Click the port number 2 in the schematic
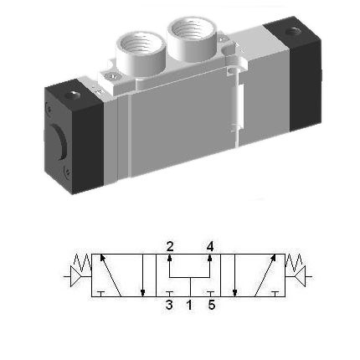(x=170, y=245)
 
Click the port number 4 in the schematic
(x=210, y=245)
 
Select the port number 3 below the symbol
(x=169, y=306)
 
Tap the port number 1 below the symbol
(x=189, y=306)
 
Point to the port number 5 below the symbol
(x=211, y=306)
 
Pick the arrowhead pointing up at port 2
(x=170, y=258)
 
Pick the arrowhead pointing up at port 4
(x=209, y=258)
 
